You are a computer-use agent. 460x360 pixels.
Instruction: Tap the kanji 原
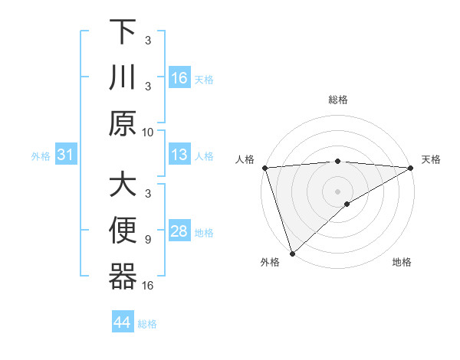point(123,123)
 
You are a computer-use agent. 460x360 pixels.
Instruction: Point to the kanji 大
point(123,185)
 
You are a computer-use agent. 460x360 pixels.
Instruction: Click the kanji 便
point(123,231)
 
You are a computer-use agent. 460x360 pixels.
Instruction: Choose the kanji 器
point(123,276)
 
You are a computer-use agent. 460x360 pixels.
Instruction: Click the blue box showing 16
point(179,78)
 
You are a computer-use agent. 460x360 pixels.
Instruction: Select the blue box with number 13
point(179,155)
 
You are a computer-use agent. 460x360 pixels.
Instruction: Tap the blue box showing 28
point(179,232)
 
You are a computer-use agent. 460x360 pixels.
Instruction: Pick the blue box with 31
point(66,155)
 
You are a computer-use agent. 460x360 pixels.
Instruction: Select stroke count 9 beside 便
point(148,240)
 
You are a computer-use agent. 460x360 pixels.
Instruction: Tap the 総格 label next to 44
point(147,324)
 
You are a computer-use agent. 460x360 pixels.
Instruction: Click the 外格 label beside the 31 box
point(41,156)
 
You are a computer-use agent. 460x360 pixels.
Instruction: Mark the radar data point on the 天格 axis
point(412,167)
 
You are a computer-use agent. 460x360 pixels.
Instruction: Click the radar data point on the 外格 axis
point(292,254)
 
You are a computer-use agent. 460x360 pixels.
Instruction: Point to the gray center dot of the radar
point(337,191)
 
